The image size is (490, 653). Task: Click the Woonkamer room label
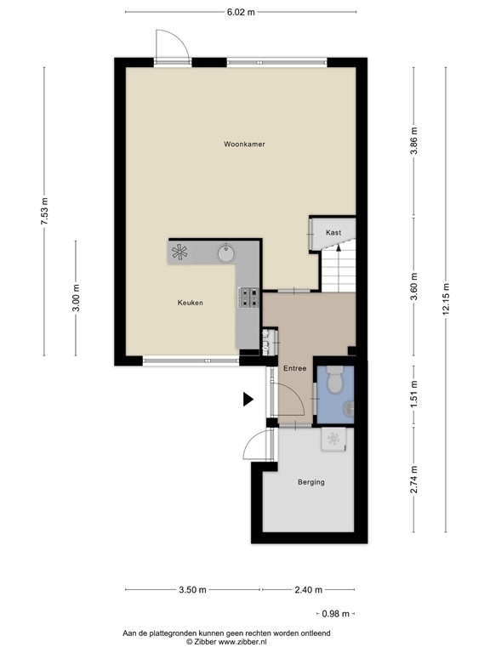(244, 145)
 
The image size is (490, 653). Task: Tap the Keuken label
(190, 303)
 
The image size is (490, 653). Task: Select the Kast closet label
(333, 232)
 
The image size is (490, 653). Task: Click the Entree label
(294, 369)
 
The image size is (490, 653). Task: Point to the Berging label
(311, 482)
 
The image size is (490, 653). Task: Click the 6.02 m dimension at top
(242, 12)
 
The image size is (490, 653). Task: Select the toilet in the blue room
(336, 379)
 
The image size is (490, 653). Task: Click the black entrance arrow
(248, 399)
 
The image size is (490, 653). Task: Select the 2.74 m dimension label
(414, 480)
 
